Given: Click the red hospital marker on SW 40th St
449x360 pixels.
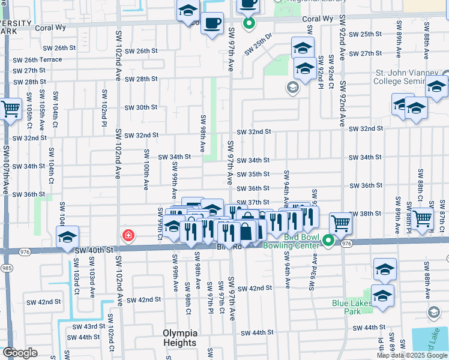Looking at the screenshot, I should [128, 235].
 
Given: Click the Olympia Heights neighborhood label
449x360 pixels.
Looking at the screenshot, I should [179, 338].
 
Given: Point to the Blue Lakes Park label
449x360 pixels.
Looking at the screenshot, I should [352, 307].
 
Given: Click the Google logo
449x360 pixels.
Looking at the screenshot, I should [20, 353].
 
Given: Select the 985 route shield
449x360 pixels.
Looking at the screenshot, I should [7, 268].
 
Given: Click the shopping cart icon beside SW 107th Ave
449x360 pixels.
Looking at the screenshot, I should [11, 109].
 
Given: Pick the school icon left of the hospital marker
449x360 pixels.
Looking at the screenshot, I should [68, 236].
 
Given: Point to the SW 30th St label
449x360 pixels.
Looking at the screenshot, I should [140, 107].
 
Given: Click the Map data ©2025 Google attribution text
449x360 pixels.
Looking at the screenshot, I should [412, 355].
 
